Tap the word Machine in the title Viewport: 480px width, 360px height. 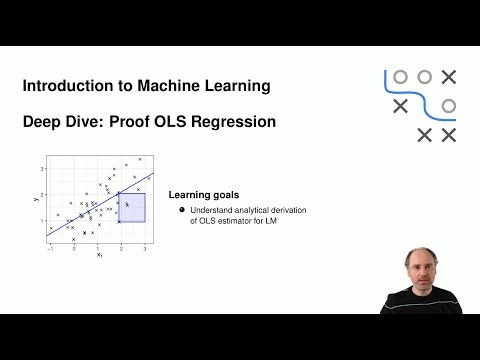[x=169, y=86]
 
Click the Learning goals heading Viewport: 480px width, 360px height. [x=203, y=194]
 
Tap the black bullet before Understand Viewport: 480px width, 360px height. [x=182, y=210]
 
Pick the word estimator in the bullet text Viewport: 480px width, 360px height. [x=233, y=221]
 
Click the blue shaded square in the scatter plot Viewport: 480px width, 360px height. [x=133, y=207]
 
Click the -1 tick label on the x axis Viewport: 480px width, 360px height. [x=50, y=247]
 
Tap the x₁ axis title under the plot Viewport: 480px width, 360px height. [x=99, y=255]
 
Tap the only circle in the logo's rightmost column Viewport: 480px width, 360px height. [x=449, y=105]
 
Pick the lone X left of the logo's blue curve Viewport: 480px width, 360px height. [x=400, y=105]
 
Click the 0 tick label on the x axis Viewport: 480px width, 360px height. [x=74, y=247]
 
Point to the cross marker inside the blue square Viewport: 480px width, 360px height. [x=127, y=204]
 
